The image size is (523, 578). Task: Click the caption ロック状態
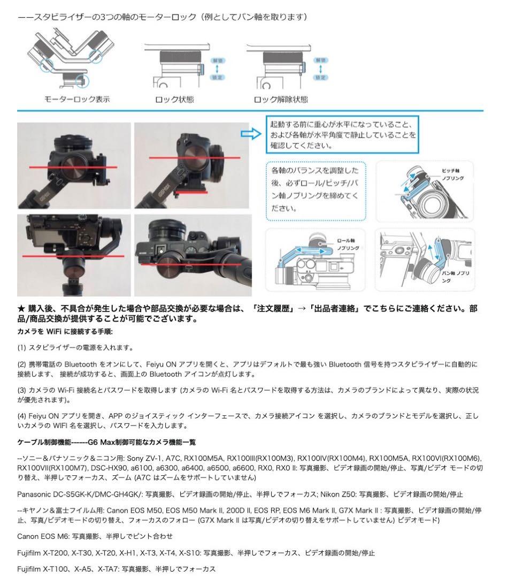pyautogui.click(x=174, y=100)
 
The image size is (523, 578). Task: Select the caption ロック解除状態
pyautogui.click(x=281, y=100)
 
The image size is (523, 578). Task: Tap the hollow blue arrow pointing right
pyautogui.click(x=251, y=134)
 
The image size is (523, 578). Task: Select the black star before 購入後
pyautogui.click(x=21, y=309)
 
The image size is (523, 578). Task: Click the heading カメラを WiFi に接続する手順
pyautogui.click(x=65, y=332)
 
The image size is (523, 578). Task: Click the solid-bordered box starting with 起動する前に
pyautogui.click(x=343, y=134)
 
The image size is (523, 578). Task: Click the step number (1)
pyautogui.click(x=22, y=347)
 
